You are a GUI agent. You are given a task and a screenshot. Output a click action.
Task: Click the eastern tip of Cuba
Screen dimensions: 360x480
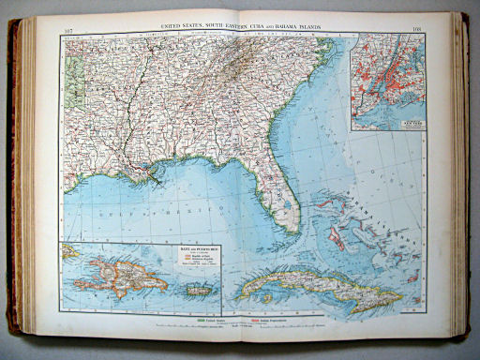pyautogui.click(x=401, y=302)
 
